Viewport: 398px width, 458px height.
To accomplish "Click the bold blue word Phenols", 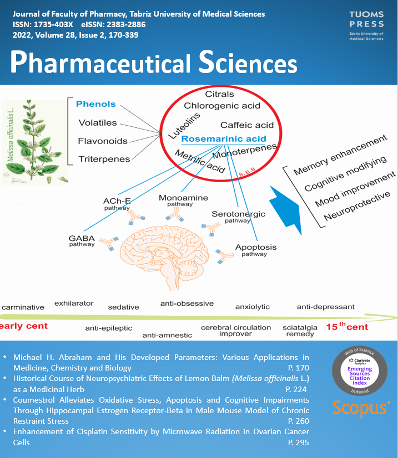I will [x=96, y=104].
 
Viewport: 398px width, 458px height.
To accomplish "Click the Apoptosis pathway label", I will [x=255, y=250].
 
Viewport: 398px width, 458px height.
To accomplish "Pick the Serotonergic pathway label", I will [x=238, y=217].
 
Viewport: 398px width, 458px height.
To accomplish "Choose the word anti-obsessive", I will [x=187, y=303].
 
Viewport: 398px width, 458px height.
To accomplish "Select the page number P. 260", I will [x=299, y=410].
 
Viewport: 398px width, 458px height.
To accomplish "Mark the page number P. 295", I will [x=299, y=442].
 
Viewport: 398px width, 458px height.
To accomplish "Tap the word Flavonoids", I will [x=103, y=141].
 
